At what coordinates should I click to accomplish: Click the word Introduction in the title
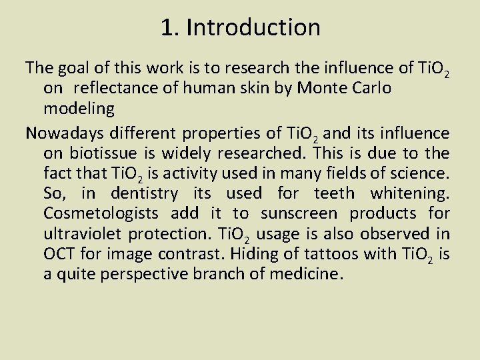click(x=253, y=27)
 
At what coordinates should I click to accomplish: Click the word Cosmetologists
click(x=101, y=214)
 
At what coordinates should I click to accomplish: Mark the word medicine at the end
click(x=309, y=275)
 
